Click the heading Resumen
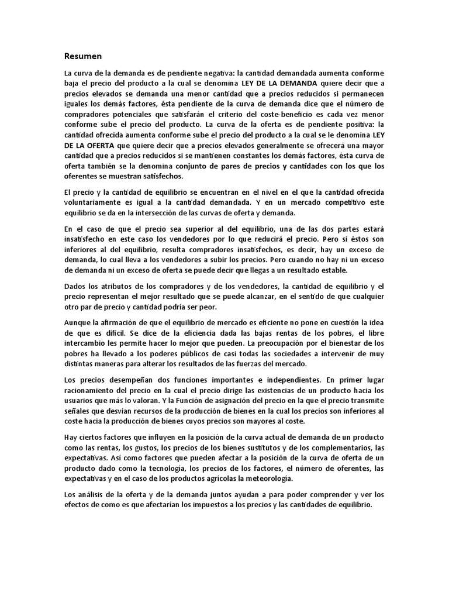83,56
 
